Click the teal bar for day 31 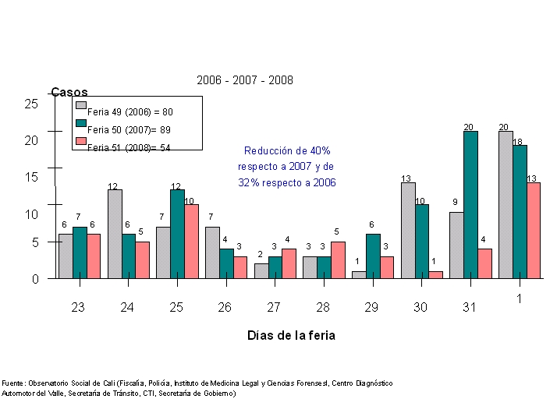click(x=470, y=204)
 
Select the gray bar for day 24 click(x=115, y=234)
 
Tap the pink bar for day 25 click(x=191, y=241)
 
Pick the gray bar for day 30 click(x=408, y=230)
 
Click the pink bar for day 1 click(x=533, y=230)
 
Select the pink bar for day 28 click(x=338, y=259)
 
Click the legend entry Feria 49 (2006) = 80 click(x=129, y=112)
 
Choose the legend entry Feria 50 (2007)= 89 click(x=129, y=129)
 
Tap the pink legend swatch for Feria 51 click(x=80, y=141)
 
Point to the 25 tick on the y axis click(x=31, y=103)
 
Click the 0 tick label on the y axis click(x=35, y=279)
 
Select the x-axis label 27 click(x=274, y=308)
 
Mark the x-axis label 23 click(x=78, y=308)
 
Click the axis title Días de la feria click(x=292, y=335)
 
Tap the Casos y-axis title click(x=69, y=94)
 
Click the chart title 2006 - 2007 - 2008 click(x=244, y=80)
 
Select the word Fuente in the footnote click(x=12, y=383)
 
